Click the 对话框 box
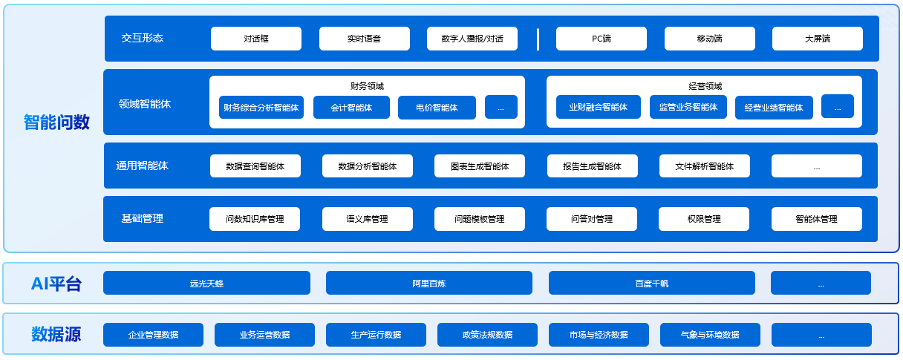point(255,39)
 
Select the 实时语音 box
point(364,39)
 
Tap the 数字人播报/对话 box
point(472,39)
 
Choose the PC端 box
point(601,39)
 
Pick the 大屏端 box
point(817,39)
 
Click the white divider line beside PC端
point(538,39)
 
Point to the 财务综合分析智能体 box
point(261,108)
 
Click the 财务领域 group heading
point(367,86)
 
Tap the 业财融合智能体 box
point(598,107)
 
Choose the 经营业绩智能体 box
point(774,108)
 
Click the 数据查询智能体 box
point(255,166)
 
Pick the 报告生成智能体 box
point(592,166)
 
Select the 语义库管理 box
point(367,219)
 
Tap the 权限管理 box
point(703,219)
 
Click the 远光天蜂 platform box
point(206,283)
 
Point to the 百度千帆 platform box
point(651,283)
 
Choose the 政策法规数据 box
point(486,335)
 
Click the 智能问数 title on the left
point(56,122)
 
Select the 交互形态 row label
point(142,38)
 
